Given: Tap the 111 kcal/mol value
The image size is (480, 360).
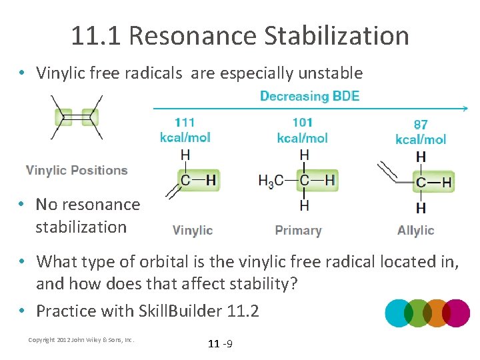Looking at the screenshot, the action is pyautogui.click(x=185, y=129).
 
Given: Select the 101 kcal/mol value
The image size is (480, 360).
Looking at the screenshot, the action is pyautogui.click(x=302, y=129).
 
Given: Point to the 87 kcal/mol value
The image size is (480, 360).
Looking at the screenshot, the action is pyautogui.click(x=421, y=131).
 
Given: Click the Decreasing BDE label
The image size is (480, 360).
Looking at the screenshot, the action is pyautogui.click(x=309, y=96).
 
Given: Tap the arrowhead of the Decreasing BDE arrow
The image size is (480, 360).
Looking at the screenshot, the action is pyautogui.click(x=465, y=108).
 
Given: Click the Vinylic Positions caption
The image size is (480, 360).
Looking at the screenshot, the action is pyautogui.click(x=77, y=170).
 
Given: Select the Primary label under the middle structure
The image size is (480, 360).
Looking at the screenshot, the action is pyautogui.click(x=298, y=231).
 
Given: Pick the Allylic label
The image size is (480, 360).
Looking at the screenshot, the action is pyautogui.click(x=415, y=231).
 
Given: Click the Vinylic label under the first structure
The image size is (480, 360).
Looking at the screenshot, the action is pyautogui.click(x=193, y=231).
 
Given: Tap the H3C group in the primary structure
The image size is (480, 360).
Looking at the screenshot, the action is pyautogui.click(x=270, y=180).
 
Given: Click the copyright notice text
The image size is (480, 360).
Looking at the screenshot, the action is pyautogui.click(x=81, y=340).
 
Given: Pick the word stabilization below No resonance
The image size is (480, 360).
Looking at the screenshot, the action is pyautogui.click(x=81, y=227).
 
